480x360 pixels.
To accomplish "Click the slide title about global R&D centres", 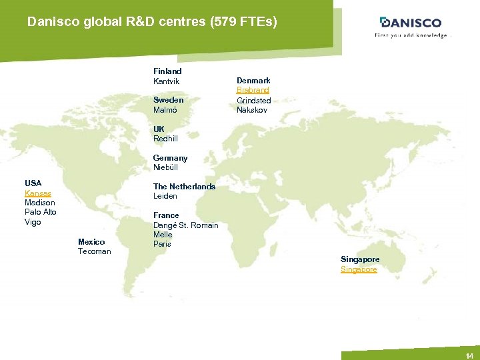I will (x=152, y=22).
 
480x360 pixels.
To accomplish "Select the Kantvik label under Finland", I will (x=167, y=81).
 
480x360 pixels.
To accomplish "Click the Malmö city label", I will (x=165, y=110).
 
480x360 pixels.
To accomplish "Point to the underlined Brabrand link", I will (x=253, y=90).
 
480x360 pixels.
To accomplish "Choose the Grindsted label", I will (x=254, y=100).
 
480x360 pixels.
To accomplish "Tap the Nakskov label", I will (x=252, y=110).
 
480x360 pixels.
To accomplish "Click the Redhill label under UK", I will (x=165, y=139).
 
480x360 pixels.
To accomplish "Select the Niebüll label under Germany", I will (x=165, y=167).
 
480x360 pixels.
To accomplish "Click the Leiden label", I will (x=165, y=196).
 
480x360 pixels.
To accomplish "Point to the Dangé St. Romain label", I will (x=186, y=225).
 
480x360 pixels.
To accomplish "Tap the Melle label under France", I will (x=163, y=235).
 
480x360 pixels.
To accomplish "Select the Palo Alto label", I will (x=41, y=212).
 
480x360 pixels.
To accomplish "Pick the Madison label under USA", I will (x=40, y=203).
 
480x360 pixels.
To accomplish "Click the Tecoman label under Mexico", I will (x=95, y=251).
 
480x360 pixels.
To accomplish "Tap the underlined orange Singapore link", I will (x=359, y=269).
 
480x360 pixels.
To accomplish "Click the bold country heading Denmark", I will (x=253, y=81).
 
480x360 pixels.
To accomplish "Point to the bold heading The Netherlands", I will (x=184, y=187).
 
